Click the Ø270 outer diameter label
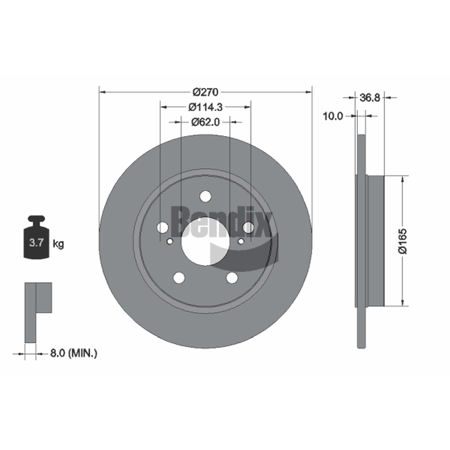click(x=205, y=92)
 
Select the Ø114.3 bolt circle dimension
click(x=205, y=107)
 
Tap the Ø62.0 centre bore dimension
click(x=205, y=122)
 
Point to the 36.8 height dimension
click(x=370, y=98)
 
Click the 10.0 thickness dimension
click(x=333, y=116)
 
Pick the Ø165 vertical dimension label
click(x=403, y=241)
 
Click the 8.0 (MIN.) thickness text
click(x=74, y=353)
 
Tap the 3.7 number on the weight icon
click(x=36, y=243)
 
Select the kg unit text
click(x=58, y=244)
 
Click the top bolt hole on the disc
click(x=205, y=196)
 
